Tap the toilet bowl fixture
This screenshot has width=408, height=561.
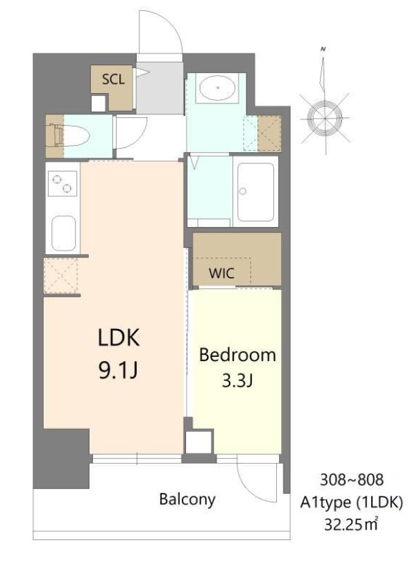coord(71,135)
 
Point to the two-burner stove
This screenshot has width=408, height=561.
coord(62,183)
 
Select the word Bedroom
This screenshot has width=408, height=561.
coord(237,355)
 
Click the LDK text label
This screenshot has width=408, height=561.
coord(118,340)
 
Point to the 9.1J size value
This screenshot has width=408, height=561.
coord(118,371)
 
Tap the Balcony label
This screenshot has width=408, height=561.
coord(187,499)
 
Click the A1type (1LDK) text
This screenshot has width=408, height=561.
coord(352,501)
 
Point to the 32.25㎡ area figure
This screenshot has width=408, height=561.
coord(352,524)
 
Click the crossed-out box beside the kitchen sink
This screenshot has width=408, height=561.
coord(62,276)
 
